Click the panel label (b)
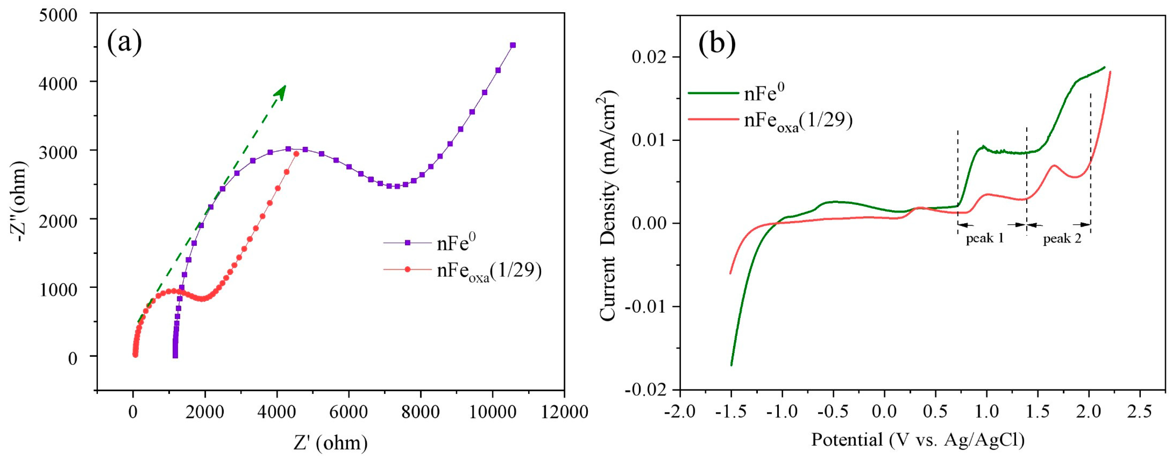pos(717,44)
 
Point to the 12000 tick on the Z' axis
pos(564,412)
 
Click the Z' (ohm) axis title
pos(330,442)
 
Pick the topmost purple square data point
pos(513,45)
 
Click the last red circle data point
pos(296,154)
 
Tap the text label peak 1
pos(985,238)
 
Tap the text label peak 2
pos(1062,238)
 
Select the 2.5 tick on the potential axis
pos(1140,412)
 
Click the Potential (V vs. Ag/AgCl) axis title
pos(918,440)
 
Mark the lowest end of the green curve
pos(731,365)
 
